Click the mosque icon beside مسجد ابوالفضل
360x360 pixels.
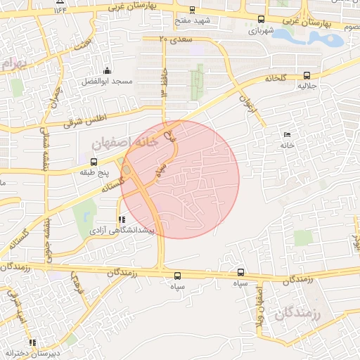[107, 70]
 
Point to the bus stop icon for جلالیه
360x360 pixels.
[306, 75]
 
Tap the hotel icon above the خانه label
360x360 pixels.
[286, 134]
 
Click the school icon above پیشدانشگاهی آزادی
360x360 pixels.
[122, 219]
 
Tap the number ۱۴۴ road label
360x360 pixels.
[60, 10]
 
